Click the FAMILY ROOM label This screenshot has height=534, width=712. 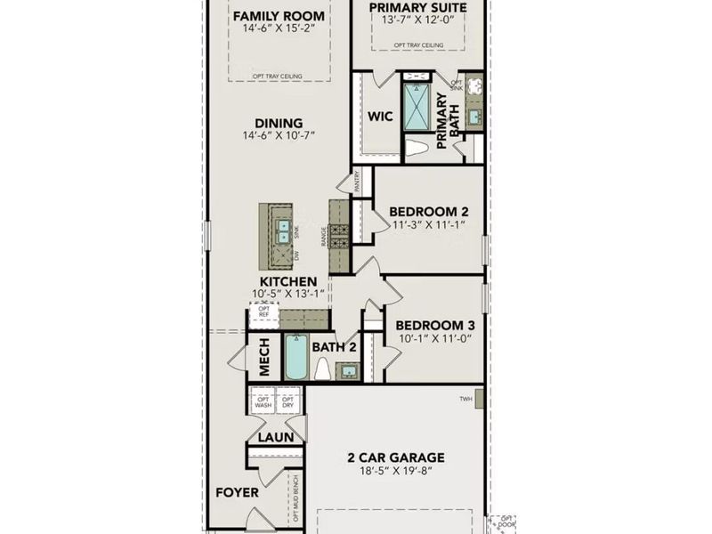279,16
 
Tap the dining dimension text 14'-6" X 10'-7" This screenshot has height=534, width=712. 279,136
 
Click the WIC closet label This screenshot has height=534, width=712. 381,117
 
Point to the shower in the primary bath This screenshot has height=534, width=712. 416,107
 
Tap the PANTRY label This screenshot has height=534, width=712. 357,182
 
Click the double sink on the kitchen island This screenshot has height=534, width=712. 283,231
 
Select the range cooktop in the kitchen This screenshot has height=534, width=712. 340,236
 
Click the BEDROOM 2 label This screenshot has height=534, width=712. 429,212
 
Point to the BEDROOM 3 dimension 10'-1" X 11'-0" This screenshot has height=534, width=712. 434,339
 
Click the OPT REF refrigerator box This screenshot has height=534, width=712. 263,313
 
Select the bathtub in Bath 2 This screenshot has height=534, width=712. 295,358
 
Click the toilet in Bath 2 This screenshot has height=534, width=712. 322,368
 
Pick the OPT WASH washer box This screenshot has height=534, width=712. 263,402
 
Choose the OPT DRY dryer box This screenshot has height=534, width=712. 288,402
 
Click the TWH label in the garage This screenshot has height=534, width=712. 465,399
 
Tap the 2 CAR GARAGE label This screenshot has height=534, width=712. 395,458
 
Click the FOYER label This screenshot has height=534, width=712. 238,492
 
